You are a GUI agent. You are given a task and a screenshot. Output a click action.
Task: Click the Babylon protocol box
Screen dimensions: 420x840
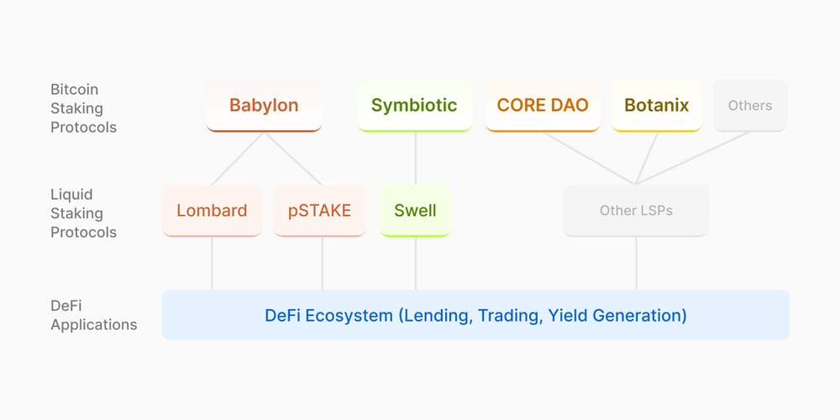pyautogui.click(x=264, y=106)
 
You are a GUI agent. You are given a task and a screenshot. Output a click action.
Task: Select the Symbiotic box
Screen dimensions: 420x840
pyautogui.click(x=414, y=106)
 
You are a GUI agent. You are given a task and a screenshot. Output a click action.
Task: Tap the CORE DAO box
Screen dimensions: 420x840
pyautogui.click(x=543, y=106)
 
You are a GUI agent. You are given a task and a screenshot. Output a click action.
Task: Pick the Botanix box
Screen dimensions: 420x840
pyautogui.click(x=656, y=106)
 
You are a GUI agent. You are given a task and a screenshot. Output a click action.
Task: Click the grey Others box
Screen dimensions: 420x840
pyautogui.click(x=750, y=106)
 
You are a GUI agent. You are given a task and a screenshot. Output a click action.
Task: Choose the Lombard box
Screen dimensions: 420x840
pyautogui.click(x=212, y=210)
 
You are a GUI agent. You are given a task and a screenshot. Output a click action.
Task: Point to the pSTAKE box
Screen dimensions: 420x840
pyautogui.click(x=320, y=210)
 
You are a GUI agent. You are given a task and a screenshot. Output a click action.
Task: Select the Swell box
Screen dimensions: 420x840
pyautogui.click(x=415, y=210)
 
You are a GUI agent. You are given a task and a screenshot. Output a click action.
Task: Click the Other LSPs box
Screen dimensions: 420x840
pyautogui.click(x=636, y=211)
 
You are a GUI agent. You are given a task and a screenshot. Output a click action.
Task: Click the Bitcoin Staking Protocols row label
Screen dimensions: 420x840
pyautogui.click(x=83, y=108)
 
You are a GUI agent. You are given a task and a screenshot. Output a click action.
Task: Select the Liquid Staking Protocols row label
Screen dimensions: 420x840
pyautogui.click(x=83, y=213)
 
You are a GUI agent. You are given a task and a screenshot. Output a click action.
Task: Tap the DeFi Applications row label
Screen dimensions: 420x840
pyautogui.click(x=93, y=316)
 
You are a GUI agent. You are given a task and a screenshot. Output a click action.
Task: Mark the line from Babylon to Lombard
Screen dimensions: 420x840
pyautogui.click(x=238, y=159)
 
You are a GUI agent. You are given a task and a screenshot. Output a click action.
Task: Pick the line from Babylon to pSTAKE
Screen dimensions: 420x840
pyautogui.click(x=294, y=159)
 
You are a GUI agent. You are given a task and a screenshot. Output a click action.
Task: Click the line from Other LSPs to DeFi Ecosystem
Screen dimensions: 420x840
pyautogui.click(x=636, y=263)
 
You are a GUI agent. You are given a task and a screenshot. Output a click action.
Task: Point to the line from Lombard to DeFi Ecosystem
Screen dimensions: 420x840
pyautogui.click(x=212, y=263)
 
